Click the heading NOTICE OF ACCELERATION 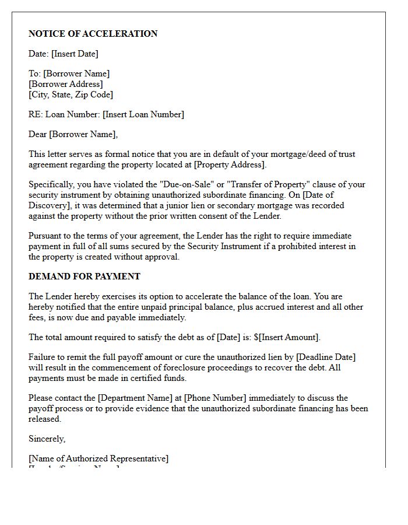point(93,34)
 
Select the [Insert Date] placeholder point(75,54)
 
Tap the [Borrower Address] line point(66,84)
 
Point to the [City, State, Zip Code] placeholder point(71,94)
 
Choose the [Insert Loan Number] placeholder point(143,114)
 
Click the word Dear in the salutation point(38,134)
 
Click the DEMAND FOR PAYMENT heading point(85,276)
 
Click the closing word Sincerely point(47,438)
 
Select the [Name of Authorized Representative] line point(99,459)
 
